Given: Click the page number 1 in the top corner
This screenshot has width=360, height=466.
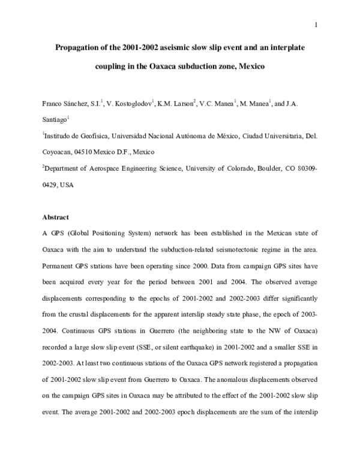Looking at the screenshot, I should [x=315, y=25].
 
